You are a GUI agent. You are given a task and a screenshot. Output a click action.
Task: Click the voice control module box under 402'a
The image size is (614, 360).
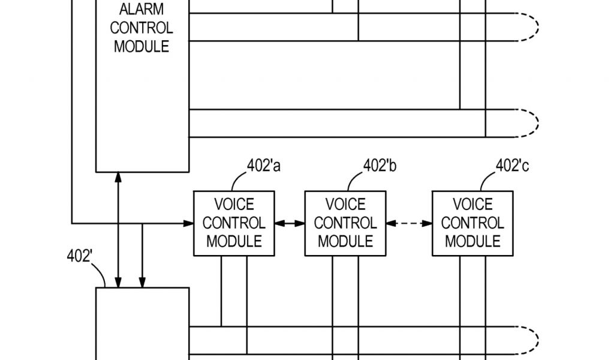tap(233, 223)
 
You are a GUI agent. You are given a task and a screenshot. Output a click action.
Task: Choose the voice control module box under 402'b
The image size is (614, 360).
tap(345, 223)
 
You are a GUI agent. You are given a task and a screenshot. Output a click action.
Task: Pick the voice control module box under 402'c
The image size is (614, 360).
tap(472, 223)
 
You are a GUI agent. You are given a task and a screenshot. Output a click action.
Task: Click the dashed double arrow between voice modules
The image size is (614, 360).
tap(409, 224)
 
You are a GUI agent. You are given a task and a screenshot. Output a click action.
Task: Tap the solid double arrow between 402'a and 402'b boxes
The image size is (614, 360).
tap(290, 224)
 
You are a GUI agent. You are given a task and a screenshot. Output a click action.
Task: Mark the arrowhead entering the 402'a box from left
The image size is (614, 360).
tap(188, 224)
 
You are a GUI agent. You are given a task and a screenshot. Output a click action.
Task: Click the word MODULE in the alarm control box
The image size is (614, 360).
tap(142, 47)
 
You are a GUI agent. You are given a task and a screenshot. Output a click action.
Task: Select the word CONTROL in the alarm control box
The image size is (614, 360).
tap(142, 28)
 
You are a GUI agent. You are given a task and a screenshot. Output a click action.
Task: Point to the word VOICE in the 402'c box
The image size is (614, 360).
tap(472, 205)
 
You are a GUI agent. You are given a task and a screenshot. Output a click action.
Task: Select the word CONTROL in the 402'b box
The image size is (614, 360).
tap(345, 223)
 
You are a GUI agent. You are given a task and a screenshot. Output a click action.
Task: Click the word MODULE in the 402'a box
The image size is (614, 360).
tap(233, 241)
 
